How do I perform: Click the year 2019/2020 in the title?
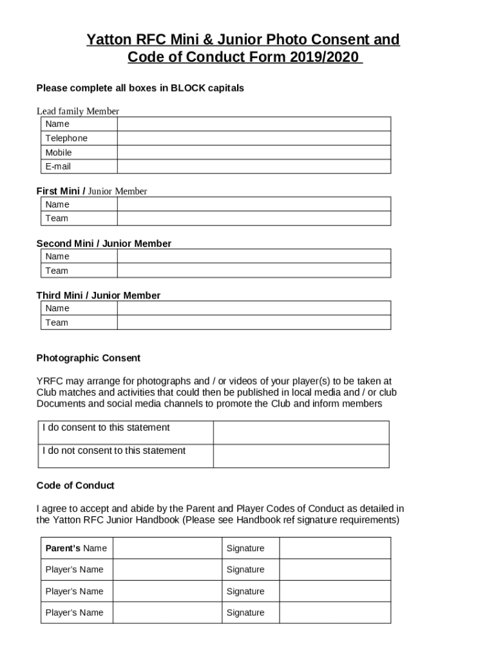coord(323,57)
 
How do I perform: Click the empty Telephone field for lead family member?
coord(253,139)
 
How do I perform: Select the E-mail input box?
coord(253,167)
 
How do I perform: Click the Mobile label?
coord(59,153)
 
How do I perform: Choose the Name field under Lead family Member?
coord(253,124)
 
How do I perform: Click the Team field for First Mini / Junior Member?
coord(253,218)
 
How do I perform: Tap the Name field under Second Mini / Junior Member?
coord(253,257)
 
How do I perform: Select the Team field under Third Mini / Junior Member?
coord(253,322)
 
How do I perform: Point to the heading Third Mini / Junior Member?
coord(99,295)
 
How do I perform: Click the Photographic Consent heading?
coord(88,358)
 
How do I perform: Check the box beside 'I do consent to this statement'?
coord(301,432)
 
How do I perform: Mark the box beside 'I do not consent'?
coord(301,456)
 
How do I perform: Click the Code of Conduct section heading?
coord(75,485)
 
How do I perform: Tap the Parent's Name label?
coord(76,548)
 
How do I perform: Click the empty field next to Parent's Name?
coord(167,548)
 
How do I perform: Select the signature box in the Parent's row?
coord(334,548)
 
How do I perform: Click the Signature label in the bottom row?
coord(245,613)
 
